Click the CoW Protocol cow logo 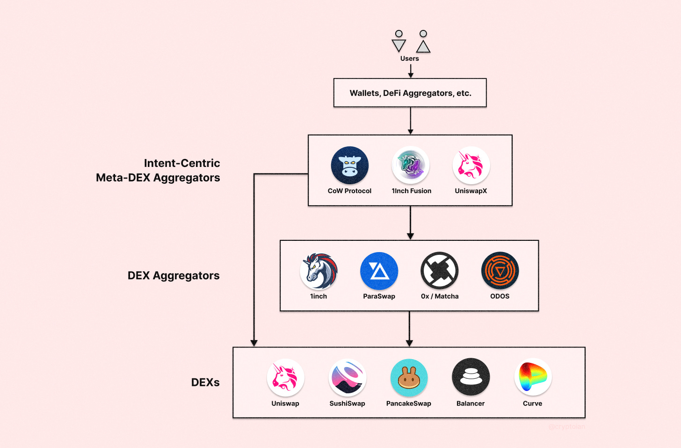350,165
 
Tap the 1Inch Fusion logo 411,165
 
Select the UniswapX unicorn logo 471,165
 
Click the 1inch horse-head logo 319,271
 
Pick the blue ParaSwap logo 379,271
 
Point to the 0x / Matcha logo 440,271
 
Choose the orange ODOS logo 500,271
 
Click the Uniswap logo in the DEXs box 285,377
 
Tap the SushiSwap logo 348,377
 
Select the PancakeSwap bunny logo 409,377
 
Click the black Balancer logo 471,377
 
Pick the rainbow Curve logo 533,377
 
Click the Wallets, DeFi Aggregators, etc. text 411,93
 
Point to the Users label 410,58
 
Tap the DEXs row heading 205,383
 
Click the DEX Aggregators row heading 173,275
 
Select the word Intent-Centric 182,163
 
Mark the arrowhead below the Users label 411,75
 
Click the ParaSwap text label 379,296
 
